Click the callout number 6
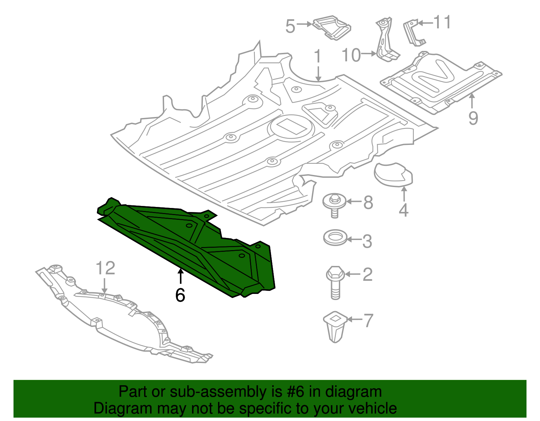180,295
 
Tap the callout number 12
105,268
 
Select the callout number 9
473,118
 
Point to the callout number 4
404,210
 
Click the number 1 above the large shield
318,57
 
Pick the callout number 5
290,26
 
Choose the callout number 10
351,55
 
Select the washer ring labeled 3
335,238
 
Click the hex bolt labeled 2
335,281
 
